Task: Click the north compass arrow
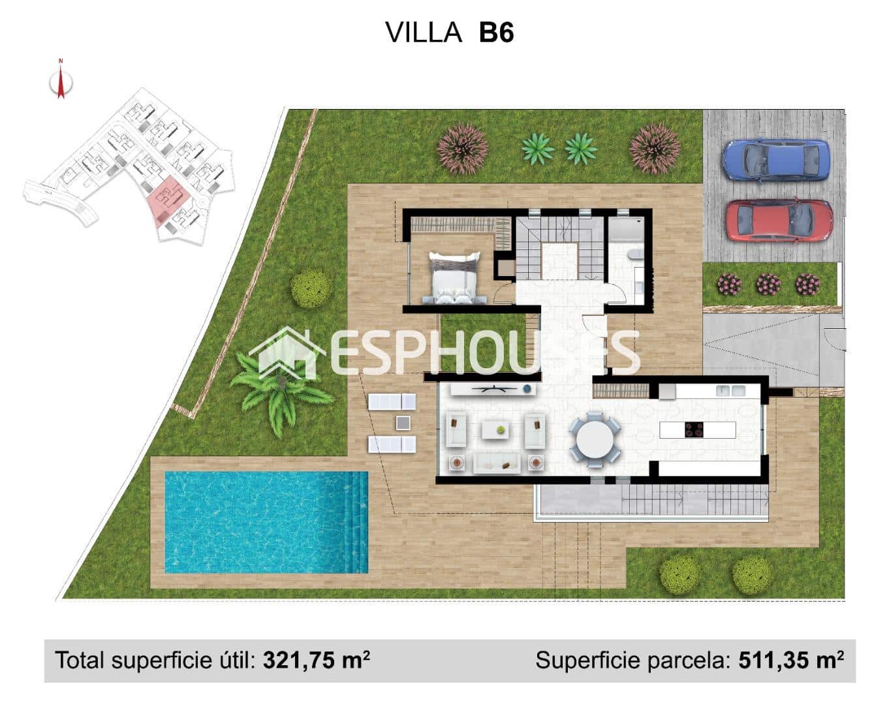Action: (61, 82)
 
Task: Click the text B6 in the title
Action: (496, 32)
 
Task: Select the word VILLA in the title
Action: (424, 32)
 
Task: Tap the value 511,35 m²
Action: (790, 660)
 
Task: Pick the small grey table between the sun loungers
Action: (403, 423)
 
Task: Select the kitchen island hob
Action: (693, 430)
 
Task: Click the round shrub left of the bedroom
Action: (311, 288)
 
